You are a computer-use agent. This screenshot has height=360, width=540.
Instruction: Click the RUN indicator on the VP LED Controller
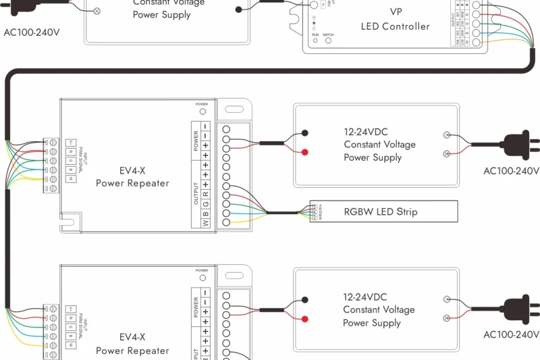click(x=315, y=41)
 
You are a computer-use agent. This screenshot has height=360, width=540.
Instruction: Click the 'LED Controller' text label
click(x=395, y=26)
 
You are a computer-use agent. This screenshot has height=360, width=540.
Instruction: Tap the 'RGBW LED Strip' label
click(x=381, y=211)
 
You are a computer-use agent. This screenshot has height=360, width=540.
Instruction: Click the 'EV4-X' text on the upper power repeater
click(x=132, y=171)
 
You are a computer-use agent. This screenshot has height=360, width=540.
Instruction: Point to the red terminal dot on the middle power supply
click(x=305, y=152)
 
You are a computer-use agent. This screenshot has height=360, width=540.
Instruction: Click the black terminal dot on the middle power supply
click(x=305, y=133)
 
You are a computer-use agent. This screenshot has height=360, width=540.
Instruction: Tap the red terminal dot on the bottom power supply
click(x=305, y=318)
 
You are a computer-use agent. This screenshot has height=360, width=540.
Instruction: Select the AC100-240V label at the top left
click(x=32, y=32)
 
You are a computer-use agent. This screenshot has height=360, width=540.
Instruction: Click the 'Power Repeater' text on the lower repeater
click(x=132, y=351)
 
